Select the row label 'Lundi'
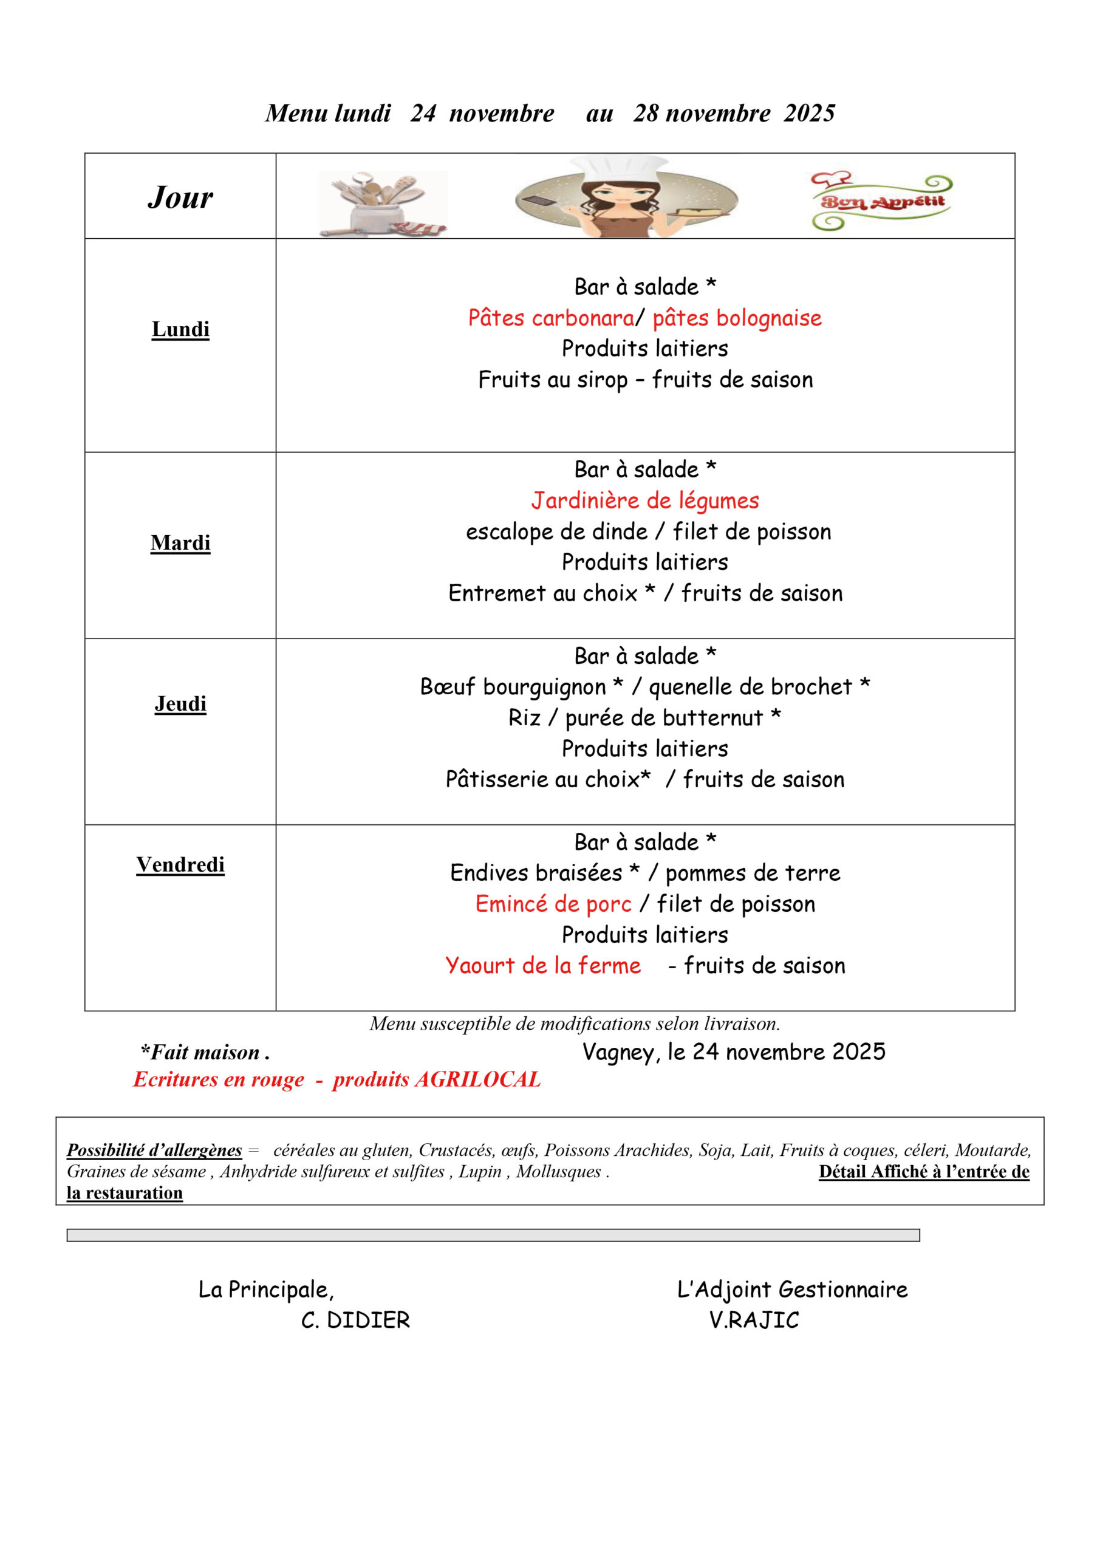coord(180,329)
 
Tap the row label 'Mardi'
coord(180,542)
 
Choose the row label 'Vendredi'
coord(180,865)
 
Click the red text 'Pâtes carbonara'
coord(551,318)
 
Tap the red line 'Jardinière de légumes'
coord(645,501)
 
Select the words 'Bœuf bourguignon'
coord(513,687)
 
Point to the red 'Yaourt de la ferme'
coord(542,965)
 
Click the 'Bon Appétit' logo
coord(882,200)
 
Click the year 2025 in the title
coord(810,113)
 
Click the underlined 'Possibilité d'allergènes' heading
coord(154,1150)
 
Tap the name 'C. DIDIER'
coord(355,1320)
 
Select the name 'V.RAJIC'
coord(754,1320)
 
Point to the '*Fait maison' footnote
coord(205,1053)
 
